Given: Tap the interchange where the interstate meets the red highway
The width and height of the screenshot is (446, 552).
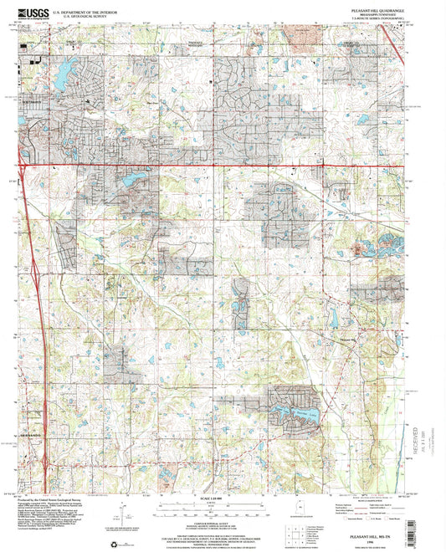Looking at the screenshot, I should pyautogui.click(x=25, y=164).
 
